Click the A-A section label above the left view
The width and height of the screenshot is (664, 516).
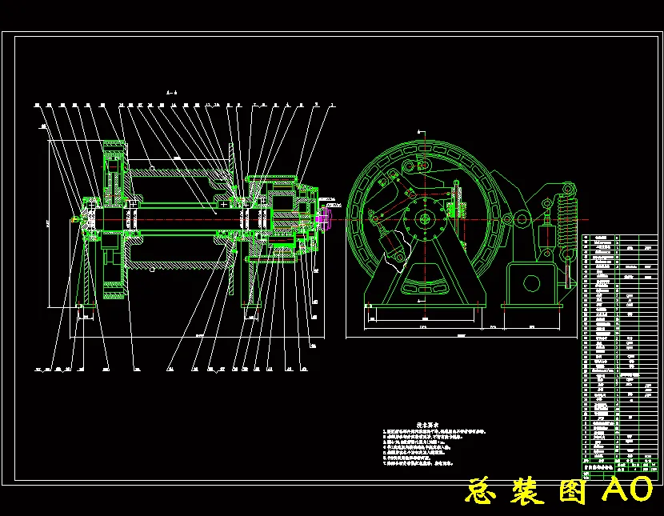(170, 94)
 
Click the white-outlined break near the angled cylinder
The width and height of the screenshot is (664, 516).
(394, 258)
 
